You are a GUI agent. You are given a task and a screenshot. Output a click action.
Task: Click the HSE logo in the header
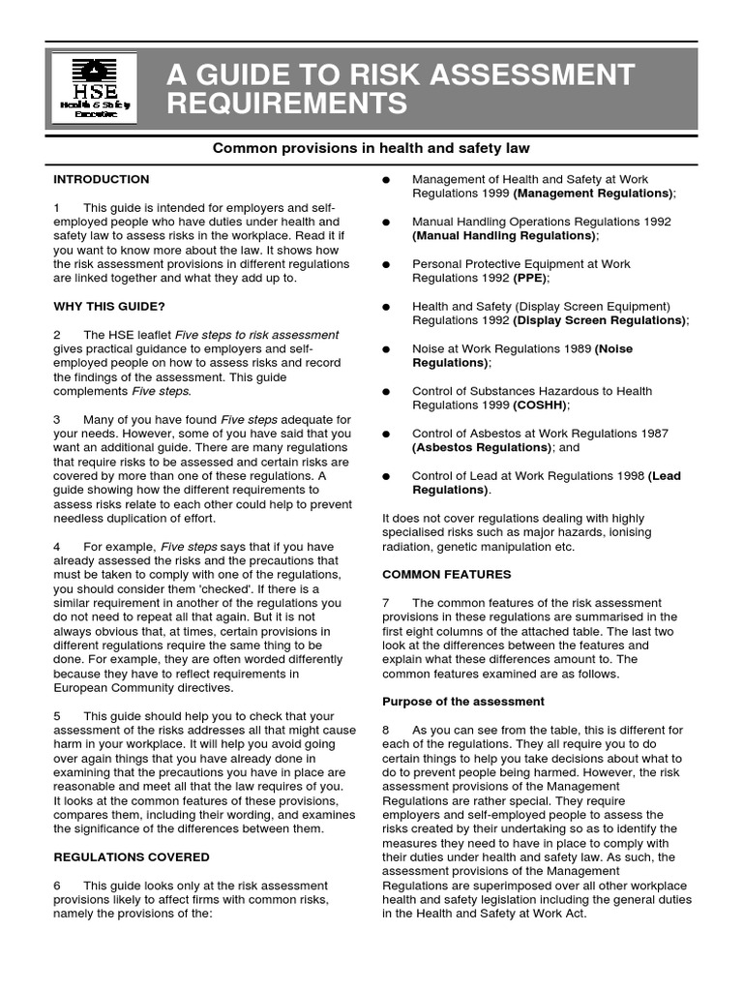94,88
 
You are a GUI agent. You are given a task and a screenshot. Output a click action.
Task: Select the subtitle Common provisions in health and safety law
371,148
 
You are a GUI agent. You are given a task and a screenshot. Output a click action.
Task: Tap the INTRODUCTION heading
102,179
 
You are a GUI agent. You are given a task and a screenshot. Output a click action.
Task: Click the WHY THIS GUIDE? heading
109,307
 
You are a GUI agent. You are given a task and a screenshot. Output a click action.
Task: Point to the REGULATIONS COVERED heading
132,857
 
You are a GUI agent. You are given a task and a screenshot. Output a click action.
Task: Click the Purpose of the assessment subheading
463,702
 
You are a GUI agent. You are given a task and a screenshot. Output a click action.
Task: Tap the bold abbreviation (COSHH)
541,405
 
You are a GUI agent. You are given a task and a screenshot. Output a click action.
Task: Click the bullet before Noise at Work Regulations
386,349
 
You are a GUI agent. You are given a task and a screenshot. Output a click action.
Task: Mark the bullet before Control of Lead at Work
386,477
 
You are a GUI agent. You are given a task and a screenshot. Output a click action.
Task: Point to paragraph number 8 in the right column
386,731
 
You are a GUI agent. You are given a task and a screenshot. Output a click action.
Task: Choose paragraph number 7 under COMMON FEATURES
386,603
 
